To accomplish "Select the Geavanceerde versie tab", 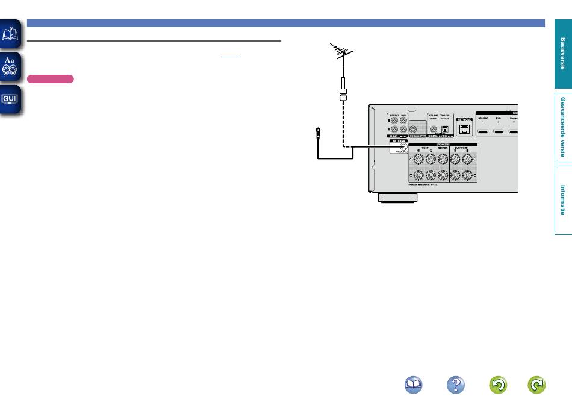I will pyautogui.click(x=562, y=127).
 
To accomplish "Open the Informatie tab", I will pyautogui.click(x=562, y=199).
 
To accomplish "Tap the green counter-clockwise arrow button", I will pyautogui.click(x=498, y=385).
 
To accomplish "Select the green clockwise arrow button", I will pyautogui.click(x=536, y=385).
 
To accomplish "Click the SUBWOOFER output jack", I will pyautogui.click(x=413, y=128).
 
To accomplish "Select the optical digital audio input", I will pyautogui.click(x=445, y=127).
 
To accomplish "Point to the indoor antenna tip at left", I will pyautogui.click(x=317, y=131).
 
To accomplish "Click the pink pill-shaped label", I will pyautogui.click(x=51, y=79).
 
